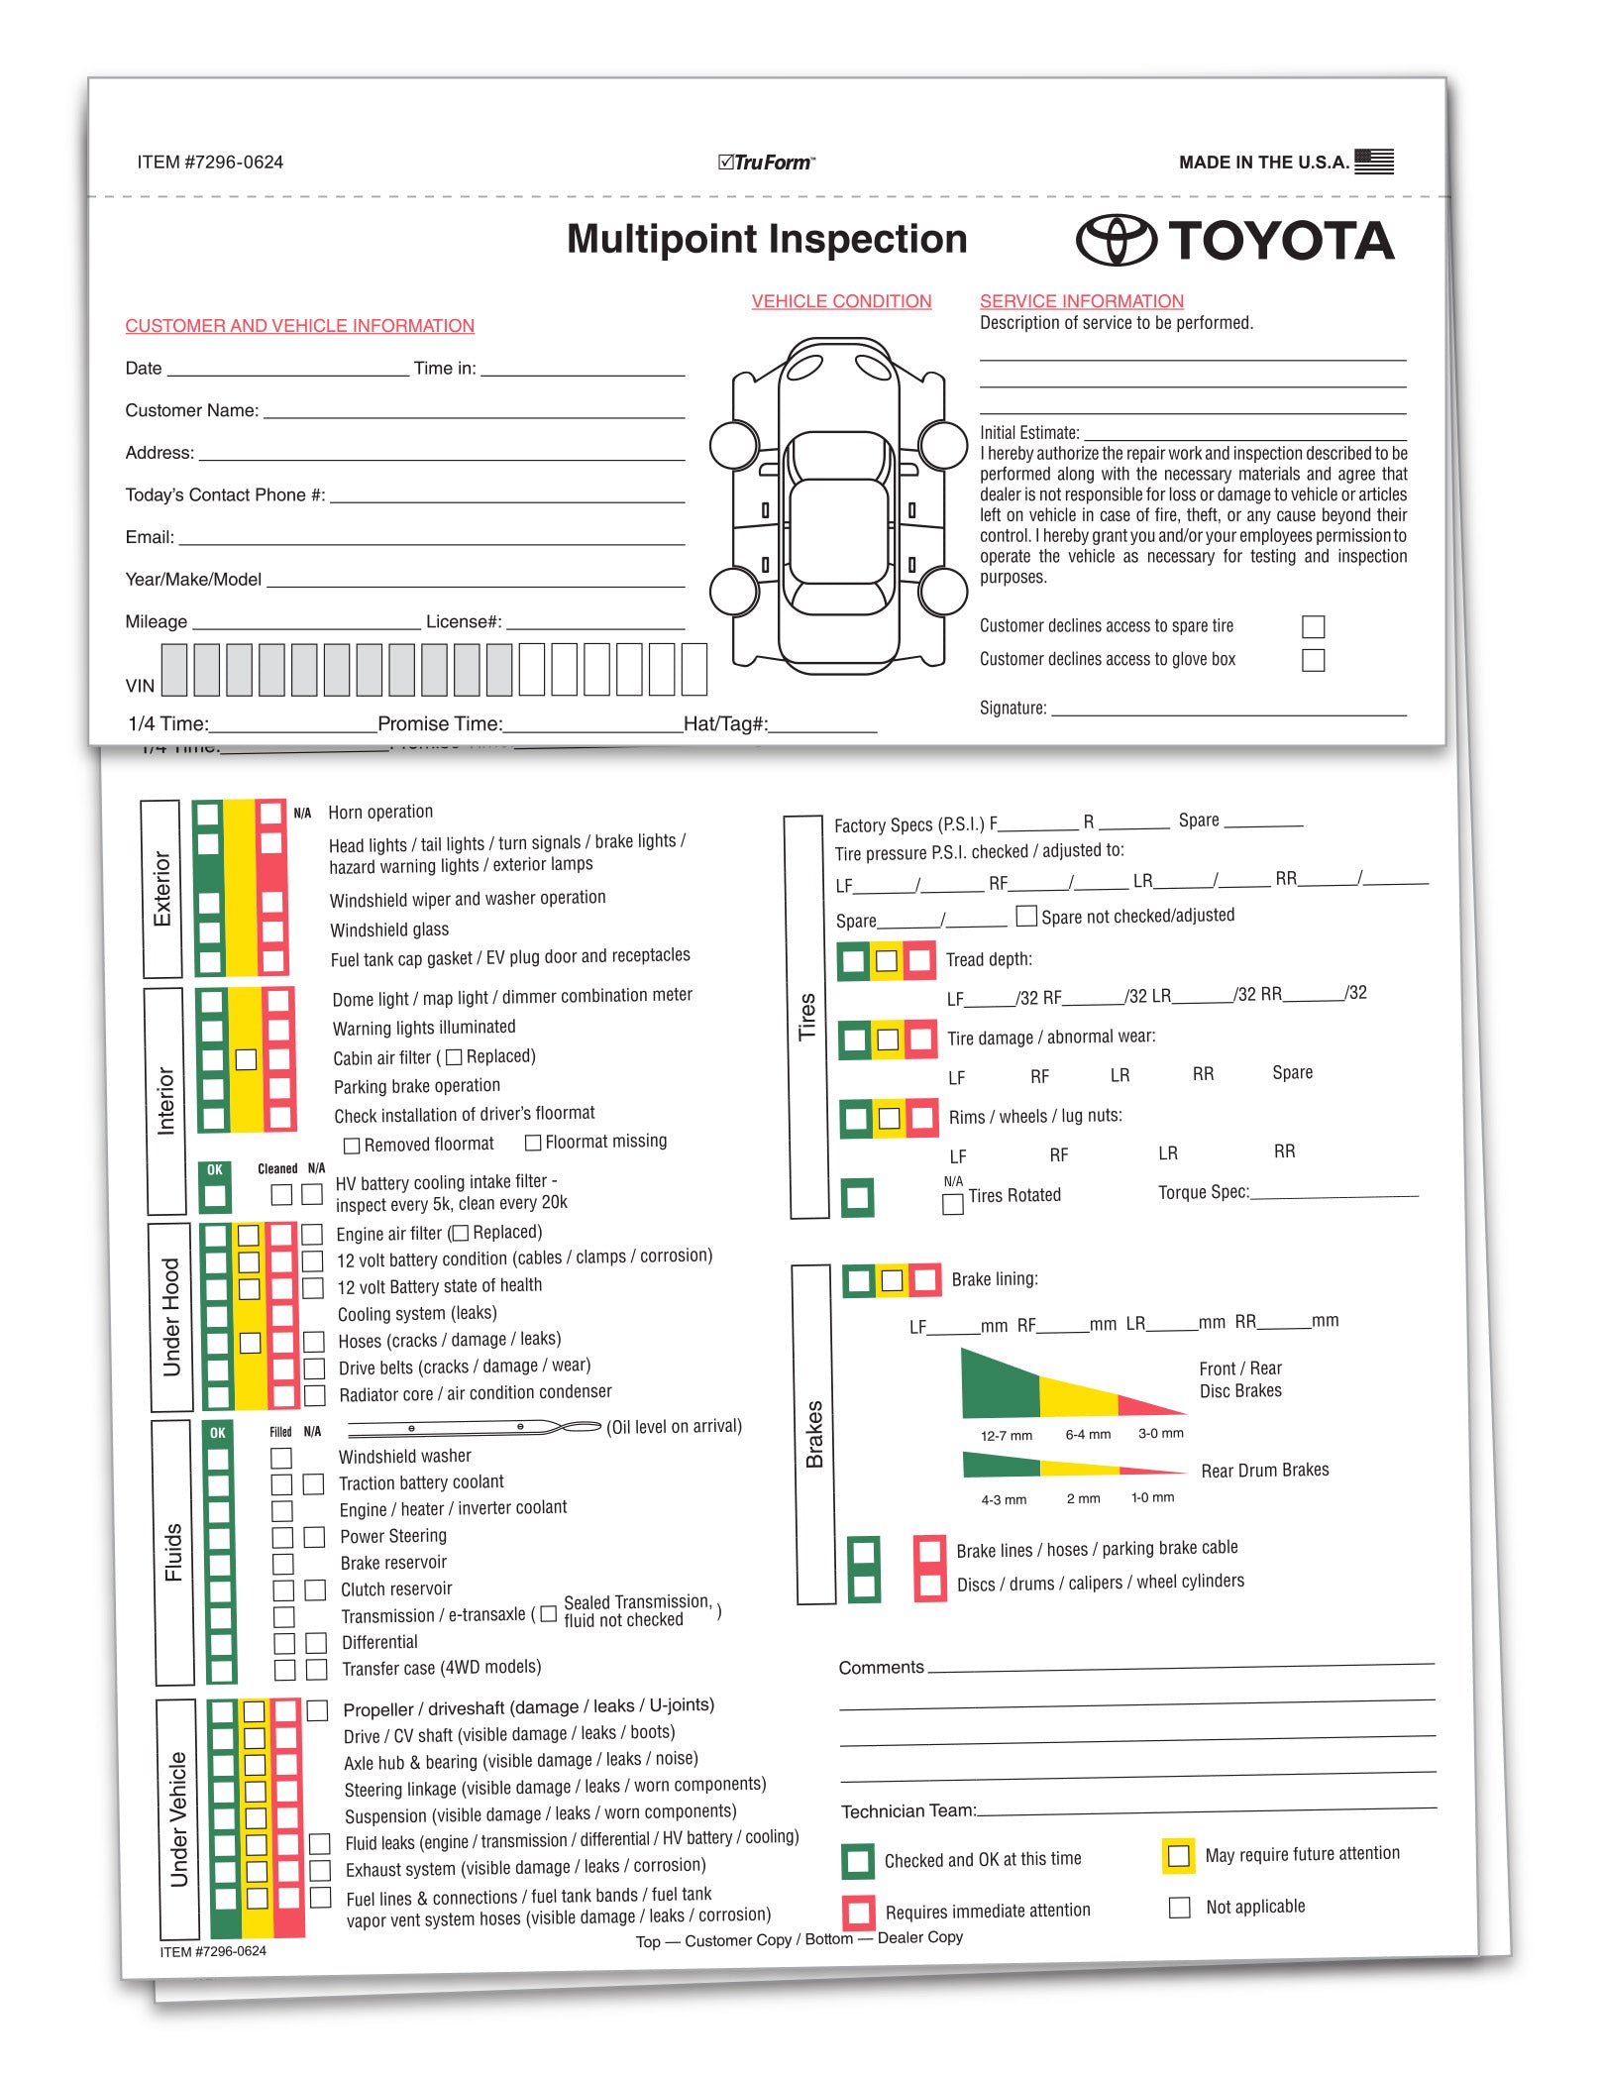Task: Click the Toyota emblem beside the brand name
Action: pyautogui.click(x=1116, y=241)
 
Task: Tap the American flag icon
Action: pyautogui.click(x=1373, y=161)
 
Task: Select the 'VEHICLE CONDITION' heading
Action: pyautogui.click(x=841, y=301)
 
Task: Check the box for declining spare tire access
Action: pyautogui.click(x=1313, y=626)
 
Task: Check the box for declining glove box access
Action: pyautogui.click(x=1313, y=660)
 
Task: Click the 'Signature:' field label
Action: pyautogui.click(x=1013, y=708)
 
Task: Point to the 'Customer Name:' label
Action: pyautogui.click(x=191, y=410)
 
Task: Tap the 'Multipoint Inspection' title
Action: pyautogui.click(x=767, y=239)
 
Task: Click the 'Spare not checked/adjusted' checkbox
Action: pyautogui.click(x=1027, y=916)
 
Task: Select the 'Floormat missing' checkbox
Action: pyautogui.click(x=533, y=1143)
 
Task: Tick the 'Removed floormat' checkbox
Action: pyautogui.click(x=352, y=1146)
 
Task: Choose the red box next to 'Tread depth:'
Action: pyautogui.click(x=919, y=959)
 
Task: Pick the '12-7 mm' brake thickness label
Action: pyautogui.click(x=1006, y=1435)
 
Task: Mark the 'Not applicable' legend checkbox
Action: pyautogui.click(x=1179, y=1908)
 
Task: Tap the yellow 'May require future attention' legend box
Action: pyautogui.click(x=1178, y=1855)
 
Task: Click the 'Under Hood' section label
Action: pyautogui.click(x=171, y=1317)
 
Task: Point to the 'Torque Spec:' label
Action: pyautogui.click(x=1203, y=1192)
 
